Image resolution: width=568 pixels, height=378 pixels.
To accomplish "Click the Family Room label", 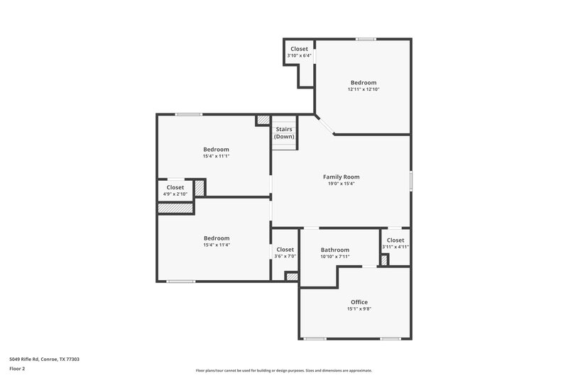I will (341, 177).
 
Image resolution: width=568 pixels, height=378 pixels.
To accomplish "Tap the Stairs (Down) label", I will (285, 133).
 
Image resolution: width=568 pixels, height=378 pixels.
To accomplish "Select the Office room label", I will (359, 302).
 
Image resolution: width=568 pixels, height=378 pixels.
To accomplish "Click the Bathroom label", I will (334, 250).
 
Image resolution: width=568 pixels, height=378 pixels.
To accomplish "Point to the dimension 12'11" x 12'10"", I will (363, 89).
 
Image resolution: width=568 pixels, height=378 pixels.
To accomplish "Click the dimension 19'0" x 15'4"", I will (341, 184).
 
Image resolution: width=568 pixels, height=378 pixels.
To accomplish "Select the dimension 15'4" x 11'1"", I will (216, 156).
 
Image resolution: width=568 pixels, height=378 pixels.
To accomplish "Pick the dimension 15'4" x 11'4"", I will (216, 245).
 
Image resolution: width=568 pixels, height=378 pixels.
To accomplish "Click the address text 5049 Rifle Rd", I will (44, 360).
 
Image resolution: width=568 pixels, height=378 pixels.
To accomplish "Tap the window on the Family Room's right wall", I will (410, 180).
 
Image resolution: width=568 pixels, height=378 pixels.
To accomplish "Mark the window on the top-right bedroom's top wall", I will (366, 39).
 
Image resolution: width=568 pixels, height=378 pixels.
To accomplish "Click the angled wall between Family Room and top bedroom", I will (324, 124).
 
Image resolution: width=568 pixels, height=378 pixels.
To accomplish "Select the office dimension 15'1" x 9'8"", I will (359, 309).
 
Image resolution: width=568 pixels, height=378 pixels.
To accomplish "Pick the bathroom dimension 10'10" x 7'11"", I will (334, 257).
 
